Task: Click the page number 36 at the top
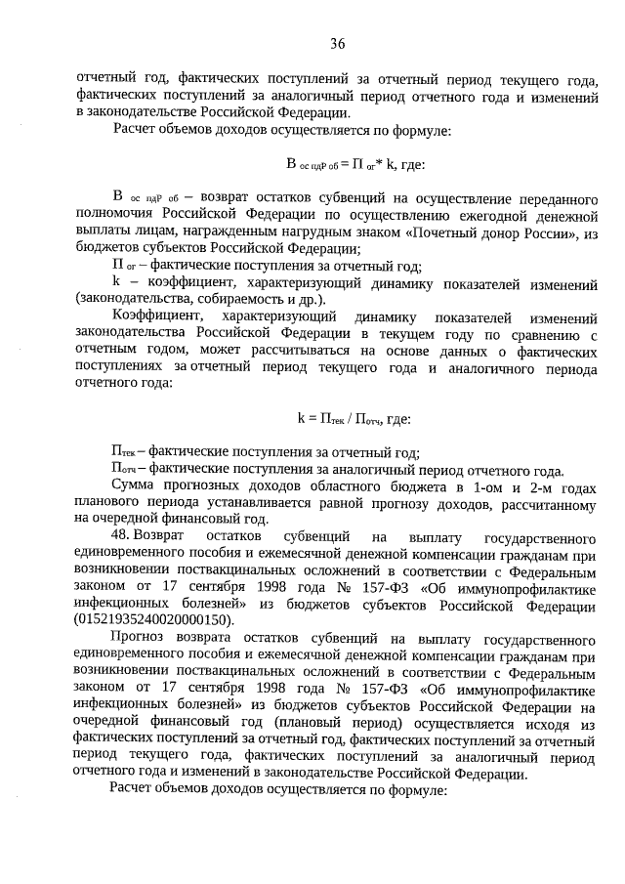[x=338, y=43]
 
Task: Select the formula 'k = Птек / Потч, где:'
[x=354, y=418]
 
